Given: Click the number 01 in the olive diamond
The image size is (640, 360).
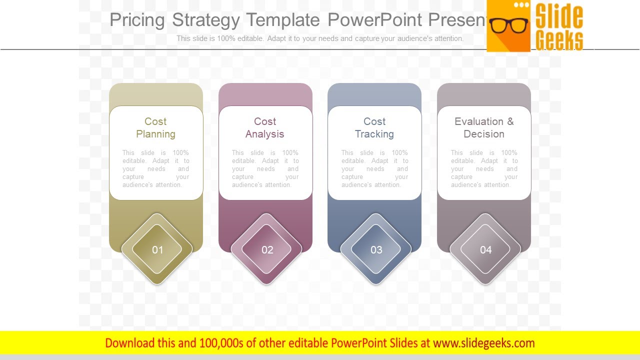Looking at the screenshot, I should (x=157, y=249).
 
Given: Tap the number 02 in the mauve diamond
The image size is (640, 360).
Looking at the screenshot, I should (x=267, y=249).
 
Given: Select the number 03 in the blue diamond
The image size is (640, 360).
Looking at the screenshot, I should (x=376, y=249).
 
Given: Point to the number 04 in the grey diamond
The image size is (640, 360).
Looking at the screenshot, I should (x=485, y=249).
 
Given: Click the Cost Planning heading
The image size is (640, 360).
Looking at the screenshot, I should (x=155, y=127).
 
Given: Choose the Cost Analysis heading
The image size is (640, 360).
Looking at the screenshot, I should (x=265, y=127).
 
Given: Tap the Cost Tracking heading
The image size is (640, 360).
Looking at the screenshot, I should (x=374, y=127).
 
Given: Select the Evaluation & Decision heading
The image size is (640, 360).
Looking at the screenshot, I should (x=484, y=127).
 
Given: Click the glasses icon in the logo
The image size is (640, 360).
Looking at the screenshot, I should (x=508, y=25).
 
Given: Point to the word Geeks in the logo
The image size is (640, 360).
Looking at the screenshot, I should (x=559, y=40).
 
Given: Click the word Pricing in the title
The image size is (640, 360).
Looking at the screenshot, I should (x=137, y=20).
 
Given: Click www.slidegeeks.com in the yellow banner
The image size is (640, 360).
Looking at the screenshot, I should (x=484, y=343).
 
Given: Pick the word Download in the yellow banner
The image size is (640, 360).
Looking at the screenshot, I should (x=129, y=343).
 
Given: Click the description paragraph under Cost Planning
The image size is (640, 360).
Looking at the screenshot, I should (x=155, y=169).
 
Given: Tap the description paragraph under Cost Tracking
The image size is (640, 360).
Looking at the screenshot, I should (x=374, y=169).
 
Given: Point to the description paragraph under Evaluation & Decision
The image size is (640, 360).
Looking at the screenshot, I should (x=484, y=169).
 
